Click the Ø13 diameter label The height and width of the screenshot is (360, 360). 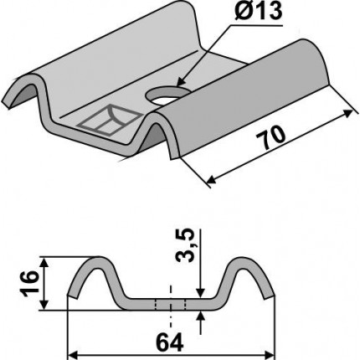click(259, 12)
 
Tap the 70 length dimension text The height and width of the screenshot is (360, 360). click(271, 137)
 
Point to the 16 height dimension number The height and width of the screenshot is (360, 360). click(29, 283)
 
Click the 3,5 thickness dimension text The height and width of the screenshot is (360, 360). click(185, 245)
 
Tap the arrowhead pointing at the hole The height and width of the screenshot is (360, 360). click(181, 82)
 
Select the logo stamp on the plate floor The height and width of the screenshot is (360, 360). click(109, 120)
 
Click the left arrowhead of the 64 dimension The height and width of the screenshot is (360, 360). click(72, 356)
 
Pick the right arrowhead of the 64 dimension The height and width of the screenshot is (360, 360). click(270, 356)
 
